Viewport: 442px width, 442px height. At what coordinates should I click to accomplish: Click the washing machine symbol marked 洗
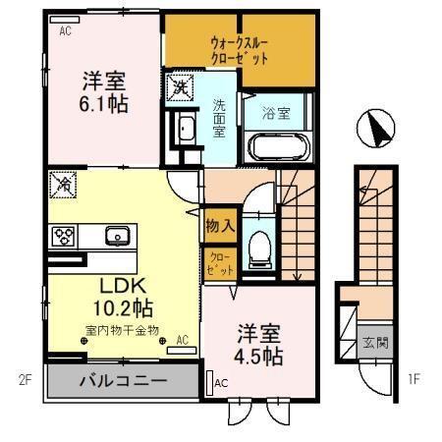pyautogui.click(x=182, y=87)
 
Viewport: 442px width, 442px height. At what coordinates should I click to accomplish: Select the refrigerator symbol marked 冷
pyautogui.click(x=61, y=183)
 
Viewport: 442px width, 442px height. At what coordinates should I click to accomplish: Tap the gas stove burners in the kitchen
pyautogui.click(x=65, y=236)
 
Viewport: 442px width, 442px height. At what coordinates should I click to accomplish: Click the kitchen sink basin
pyautogui.click(x=117, y=236)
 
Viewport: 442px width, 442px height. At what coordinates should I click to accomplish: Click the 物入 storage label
pyautogui.click(x=218, y=225)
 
